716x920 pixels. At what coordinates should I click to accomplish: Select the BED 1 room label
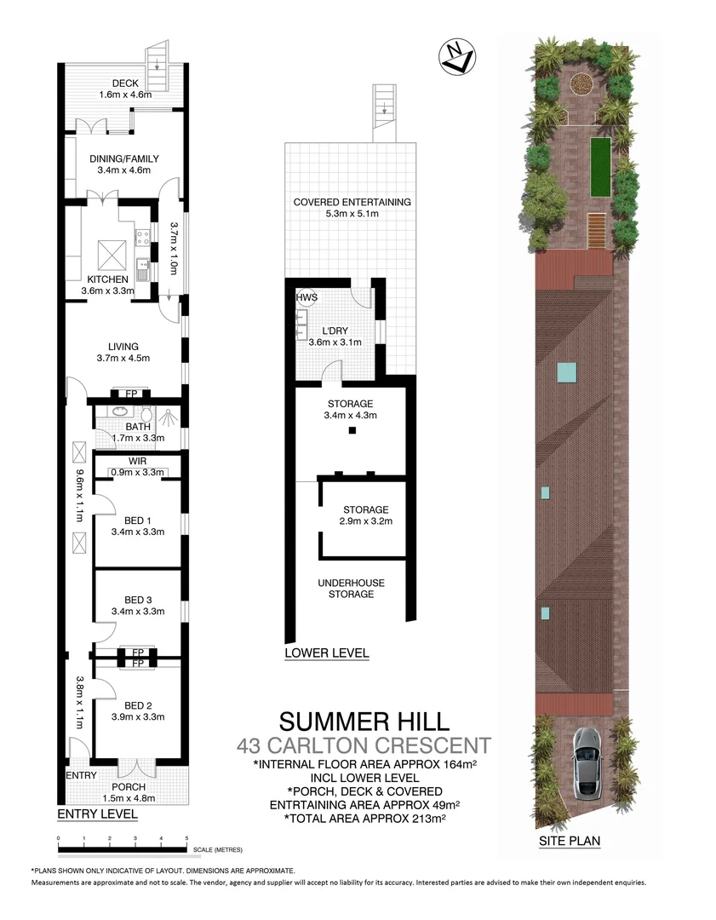(x=137, y=520)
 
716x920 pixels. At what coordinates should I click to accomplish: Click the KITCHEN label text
(x=107, y=279)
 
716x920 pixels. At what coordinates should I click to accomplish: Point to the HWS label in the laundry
(x=306, y=297)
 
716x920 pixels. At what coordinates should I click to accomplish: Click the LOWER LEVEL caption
(x=327, y=653)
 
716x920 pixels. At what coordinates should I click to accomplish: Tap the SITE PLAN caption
(x=570, y=841)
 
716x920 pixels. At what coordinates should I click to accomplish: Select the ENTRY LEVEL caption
(x=97, y=814)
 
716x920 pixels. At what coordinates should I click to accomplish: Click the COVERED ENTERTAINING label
(x=352, y=203)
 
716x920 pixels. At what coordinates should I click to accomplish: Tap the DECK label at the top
(x=113, y=83)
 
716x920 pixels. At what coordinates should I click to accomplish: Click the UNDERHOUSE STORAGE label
(x=351, y=588)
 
